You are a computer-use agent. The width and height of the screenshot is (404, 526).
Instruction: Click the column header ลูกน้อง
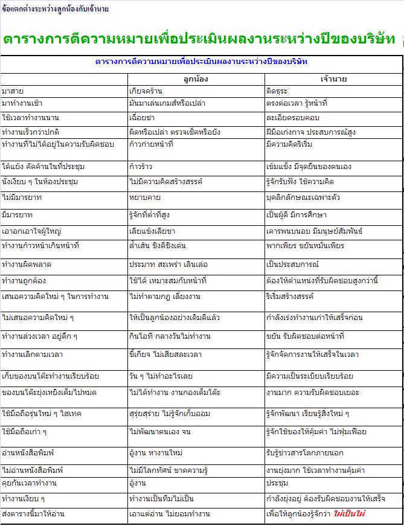click(196, 79)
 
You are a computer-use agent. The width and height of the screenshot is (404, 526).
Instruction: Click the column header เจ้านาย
click(333, 79)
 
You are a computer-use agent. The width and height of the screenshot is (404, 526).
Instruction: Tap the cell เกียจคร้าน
click(147, 91)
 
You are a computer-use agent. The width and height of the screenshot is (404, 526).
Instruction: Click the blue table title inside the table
click(202, 62)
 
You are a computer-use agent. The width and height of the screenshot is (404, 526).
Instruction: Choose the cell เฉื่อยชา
click(143, 117)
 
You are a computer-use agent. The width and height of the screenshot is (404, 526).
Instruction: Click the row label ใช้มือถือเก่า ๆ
click(25, 432)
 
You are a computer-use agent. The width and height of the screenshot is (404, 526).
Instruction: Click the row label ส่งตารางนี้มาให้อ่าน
click(33, 514)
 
